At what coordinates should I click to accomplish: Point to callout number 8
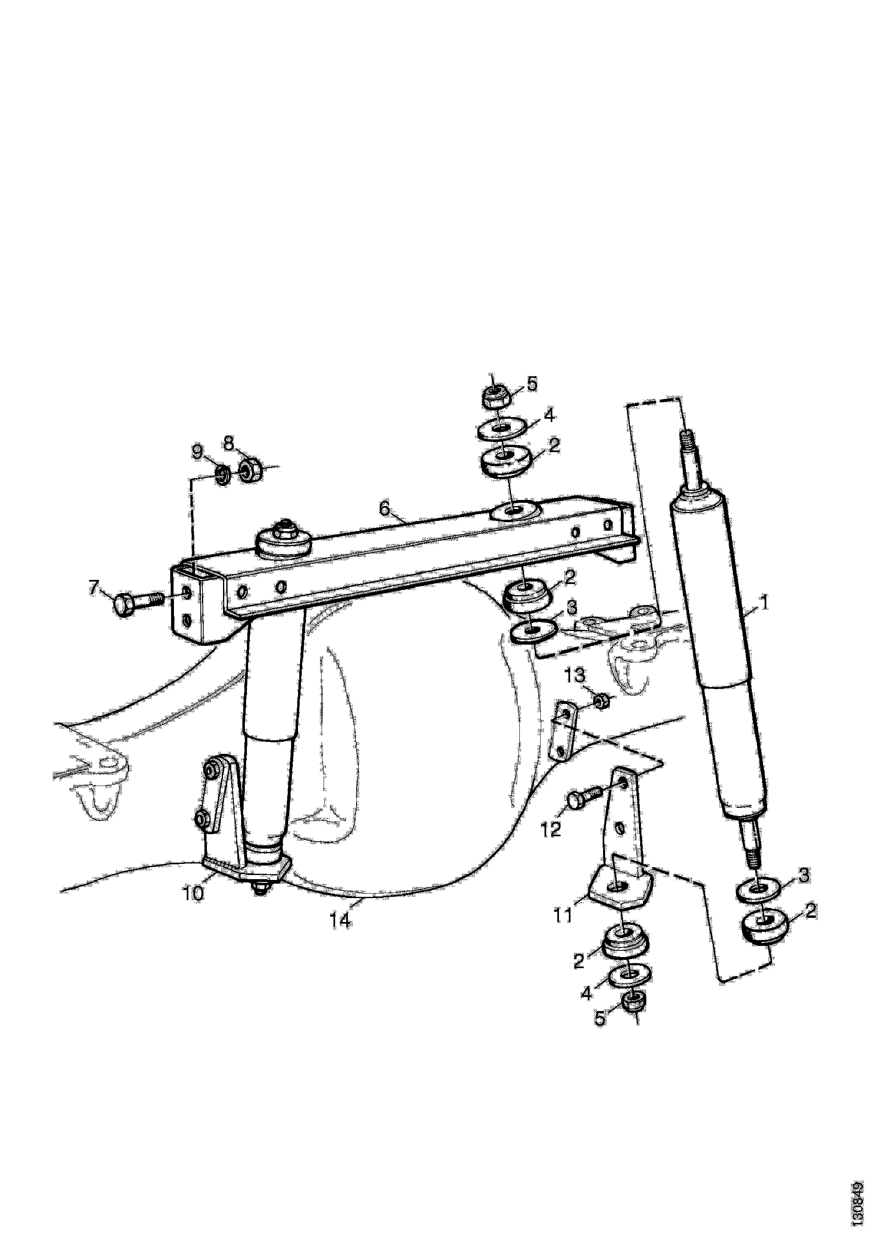pos(229,444)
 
